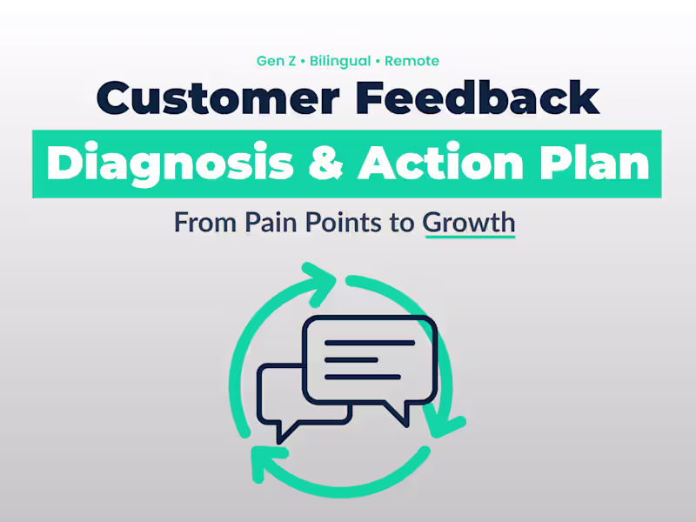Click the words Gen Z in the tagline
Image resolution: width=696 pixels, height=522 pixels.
click(x=274, y=61)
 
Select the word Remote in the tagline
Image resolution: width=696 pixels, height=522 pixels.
click(x=411, y=61)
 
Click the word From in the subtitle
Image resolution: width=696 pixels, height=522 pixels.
click(x=206, y=222)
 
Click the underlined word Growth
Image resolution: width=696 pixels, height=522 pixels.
click(x=469, y=222)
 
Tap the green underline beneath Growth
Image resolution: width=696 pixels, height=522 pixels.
click(x=469, y=237)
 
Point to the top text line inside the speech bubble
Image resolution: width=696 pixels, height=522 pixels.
click(x=370, y=344)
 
